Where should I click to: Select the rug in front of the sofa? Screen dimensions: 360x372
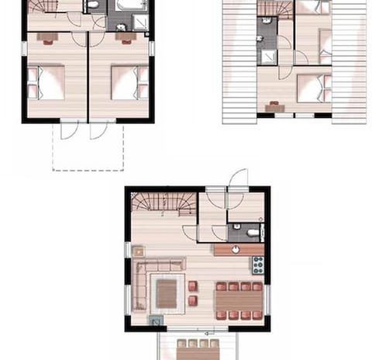pyautogui.click(x=167, y=292)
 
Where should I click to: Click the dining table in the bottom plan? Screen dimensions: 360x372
pyautogui.click(x=239, y=300)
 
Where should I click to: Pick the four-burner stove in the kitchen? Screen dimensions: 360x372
pyautogui.click(x=257, y=265)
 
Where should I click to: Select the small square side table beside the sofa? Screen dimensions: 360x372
pyautogui.click(x=139, y=251)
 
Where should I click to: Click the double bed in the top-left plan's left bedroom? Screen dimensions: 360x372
pyautogui.click(x=47, y=81)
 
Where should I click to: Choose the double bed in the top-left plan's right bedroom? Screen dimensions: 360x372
pyautogui.click(x=126, y=82)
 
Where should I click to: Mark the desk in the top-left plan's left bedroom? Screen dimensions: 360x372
pyautogui.click(x=46, y=36)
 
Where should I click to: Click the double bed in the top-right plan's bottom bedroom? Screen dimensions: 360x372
pyautogui.click(x=312, y=87)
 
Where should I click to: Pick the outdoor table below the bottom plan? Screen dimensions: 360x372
pyautogui.click(x=199, y=345)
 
